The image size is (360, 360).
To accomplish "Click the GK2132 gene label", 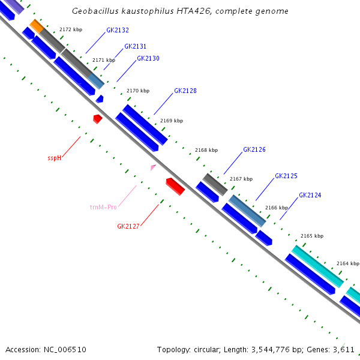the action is [x=118, y=30].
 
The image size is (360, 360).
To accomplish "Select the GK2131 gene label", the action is [x=135, y=46].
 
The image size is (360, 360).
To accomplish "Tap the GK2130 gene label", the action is [x=148, y=58].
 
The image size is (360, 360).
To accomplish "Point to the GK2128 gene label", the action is [x=185, y=91].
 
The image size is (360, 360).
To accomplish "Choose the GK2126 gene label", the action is [x=254, y=149].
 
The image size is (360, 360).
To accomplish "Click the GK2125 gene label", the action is [x=286, y=176].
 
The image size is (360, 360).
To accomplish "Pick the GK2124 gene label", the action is [x=310, y=195].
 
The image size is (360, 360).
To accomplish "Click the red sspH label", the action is [x=55, y=158].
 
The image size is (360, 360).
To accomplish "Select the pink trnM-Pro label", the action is [x=103, y=207].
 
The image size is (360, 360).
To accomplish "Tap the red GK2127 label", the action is [x=128, y=226].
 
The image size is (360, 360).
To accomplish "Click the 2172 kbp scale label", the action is [x=71, y=29].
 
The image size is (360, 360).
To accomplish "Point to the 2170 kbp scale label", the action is [x=138, y=91].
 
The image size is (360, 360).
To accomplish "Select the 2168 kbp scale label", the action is [x=206, y=150].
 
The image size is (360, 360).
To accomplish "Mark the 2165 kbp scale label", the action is [x=311, y=236].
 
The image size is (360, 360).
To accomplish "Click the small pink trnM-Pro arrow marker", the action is [x=153, y=168].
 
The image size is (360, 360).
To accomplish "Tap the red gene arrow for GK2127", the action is [x=175, y=186].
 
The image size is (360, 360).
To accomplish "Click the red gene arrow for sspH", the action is [x=97, y=119].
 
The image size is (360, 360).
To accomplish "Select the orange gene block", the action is [x=37, y=26].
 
